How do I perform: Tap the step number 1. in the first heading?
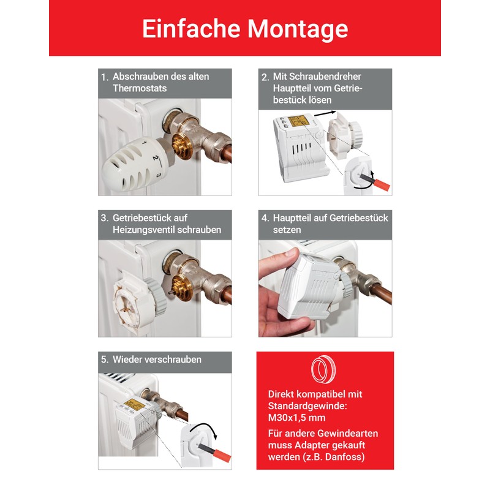pyautogui.click(x=105, y=77)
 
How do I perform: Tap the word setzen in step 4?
pyautogui.click(x=288, y=230)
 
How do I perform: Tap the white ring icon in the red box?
pyautogui.click(x=325, y=371)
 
